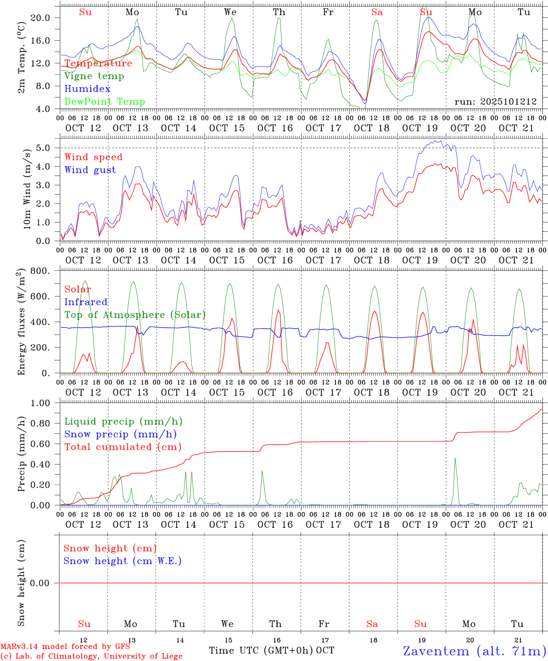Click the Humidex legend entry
87,89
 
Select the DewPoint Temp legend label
105,102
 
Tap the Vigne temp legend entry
94,76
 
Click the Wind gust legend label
90,170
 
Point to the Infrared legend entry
86,302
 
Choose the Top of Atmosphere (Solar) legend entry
135,315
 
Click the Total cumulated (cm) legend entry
123,447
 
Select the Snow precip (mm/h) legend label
120,434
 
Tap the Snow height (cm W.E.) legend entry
123,561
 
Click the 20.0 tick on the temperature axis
39,17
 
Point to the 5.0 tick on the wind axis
44,148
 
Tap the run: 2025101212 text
496,102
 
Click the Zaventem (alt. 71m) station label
475,651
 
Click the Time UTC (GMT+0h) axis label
261,650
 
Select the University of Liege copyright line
91,656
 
